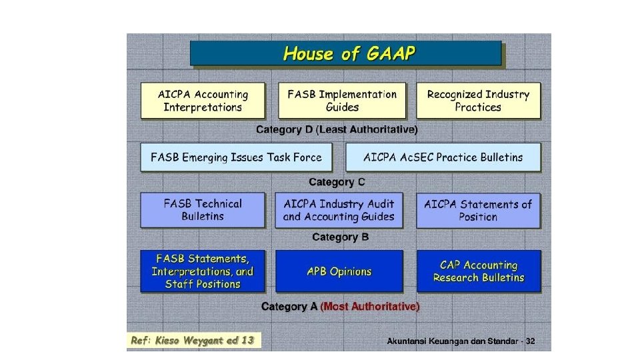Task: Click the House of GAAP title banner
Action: (345, 53)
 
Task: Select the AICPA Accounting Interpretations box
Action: (203, 101)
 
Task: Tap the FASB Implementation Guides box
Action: (341, 101)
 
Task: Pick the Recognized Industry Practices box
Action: (478, 101)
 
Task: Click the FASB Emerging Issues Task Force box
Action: (236, 157)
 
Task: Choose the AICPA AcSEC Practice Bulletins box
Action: (443, 157)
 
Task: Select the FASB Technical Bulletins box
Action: (203, 210)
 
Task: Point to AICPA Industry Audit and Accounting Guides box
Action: (339, 210)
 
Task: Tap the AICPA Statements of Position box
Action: (478, 210)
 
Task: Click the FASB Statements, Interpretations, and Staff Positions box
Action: (203, 271)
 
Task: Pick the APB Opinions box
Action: (339, 271)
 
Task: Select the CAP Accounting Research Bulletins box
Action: (478, 271)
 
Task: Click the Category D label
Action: (285, 129)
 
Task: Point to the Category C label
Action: (337, 182)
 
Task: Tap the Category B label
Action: (340, 237)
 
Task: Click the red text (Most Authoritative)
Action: (370, 307)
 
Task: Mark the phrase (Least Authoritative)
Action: (367, 129)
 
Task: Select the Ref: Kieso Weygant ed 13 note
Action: (193, 341)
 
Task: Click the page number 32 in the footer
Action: (530, 341)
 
